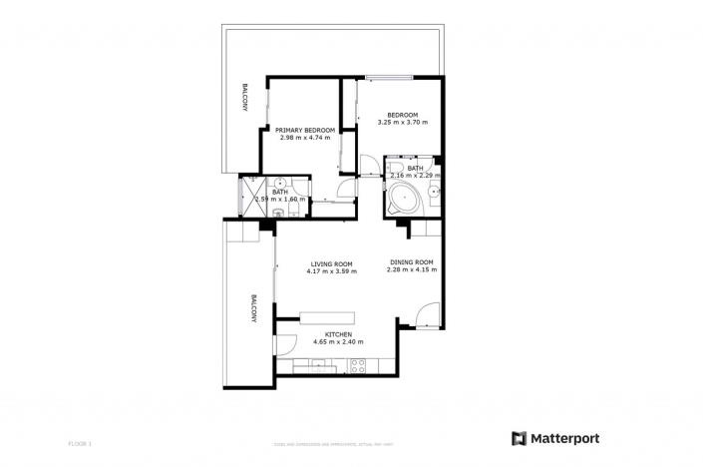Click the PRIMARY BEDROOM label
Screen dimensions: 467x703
304,131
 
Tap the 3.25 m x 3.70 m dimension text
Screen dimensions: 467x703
403,123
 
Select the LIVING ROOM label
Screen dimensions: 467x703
332,264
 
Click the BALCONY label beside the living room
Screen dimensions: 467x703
254,308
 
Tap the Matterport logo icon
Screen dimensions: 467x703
519,438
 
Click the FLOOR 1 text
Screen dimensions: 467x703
80,441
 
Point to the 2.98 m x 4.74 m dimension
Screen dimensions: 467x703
304,139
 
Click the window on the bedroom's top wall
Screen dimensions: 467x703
390,77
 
